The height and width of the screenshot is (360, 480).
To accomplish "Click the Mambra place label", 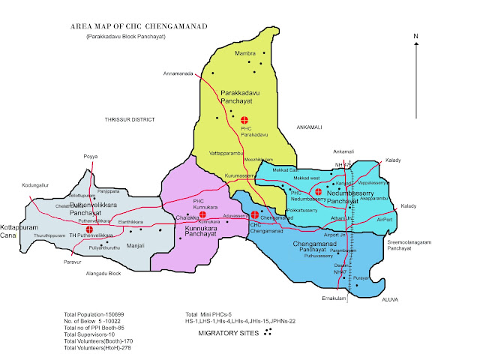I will tap(246, 54).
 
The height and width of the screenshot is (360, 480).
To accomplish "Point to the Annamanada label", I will tap(178, 73).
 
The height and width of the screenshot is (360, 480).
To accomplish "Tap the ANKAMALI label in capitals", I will tap(309, 127).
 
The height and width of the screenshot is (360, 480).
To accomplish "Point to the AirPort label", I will tap(385, 220).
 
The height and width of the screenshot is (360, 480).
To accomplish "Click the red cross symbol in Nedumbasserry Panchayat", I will tap(319, 192).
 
